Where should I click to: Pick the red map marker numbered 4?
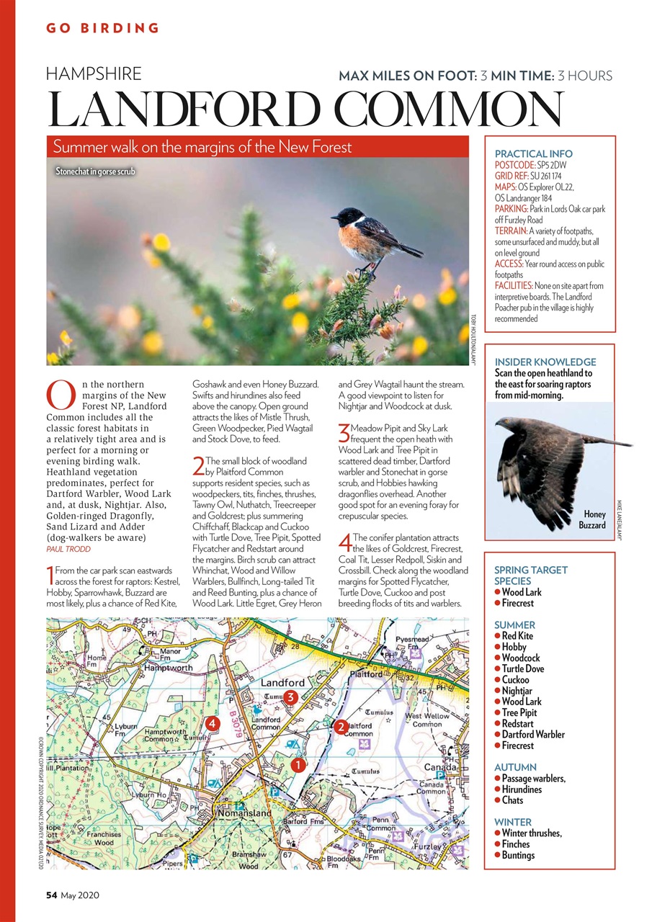coord(212,723)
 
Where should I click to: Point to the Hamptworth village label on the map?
coord(169,668)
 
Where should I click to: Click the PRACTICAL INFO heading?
coord(533,153)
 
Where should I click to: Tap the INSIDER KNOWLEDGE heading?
coord(545,362)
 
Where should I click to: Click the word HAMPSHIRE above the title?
coord(94,73)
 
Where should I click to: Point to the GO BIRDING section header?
coord(102,28)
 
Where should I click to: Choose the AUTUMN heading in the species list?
coord(515,767)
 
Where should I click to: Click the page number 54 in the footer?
coord(52,895)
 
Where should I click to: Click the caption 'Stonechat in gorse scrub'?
coord(95,171)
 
